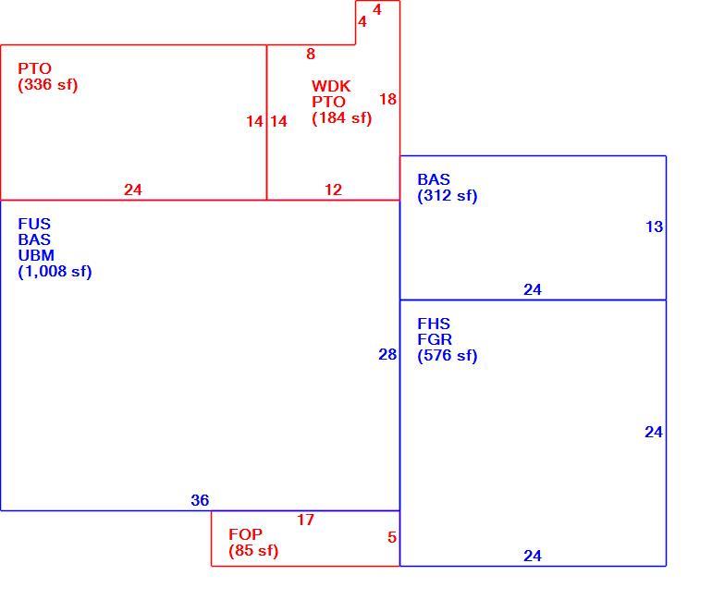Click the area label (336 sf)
pyautogui.click(x=48, y=85)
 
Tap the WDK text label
pyautogui.click(x=331, y=86)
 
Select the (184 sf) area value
pyautogui.click(x=342, y=118)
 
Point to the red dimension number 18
pyautogui.click(x=387, y=99)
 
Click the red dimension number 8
pyautogui.click(x=311, y=54)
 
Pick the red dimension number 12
pyautogui.click(x=333, y=190)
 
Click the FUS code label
pyautogui.click(x=34, y=224)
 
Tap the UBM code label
pyautogui.click(x=36, y=255)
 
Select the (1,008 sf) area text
pyautogui.click(x=55, y=272)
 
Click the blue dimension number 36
pyautogui.click(x=200, y=500)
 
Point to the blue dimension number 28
pyautogui.click(x=387, y=354)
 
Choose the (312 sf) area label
pyautogui.click(x=448, y=196)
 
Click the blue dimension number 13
pyautogui.click(x=655, y=226)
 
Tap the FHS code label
pyautogui.click(x=434, y=324)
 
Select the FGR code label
pyautogui.click(x=435, y=339)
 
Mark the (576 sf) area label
pyautogui.click(x=448, y=356)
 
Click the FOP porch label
pyautogui.click(x=245, y=534)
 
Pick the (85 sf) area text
pyautogui.click(x=253, y=551)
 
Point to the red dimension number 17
pyautogui.click(x=305, y=520)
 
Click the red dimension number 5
pyautogui.click(x=392, y=537)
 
